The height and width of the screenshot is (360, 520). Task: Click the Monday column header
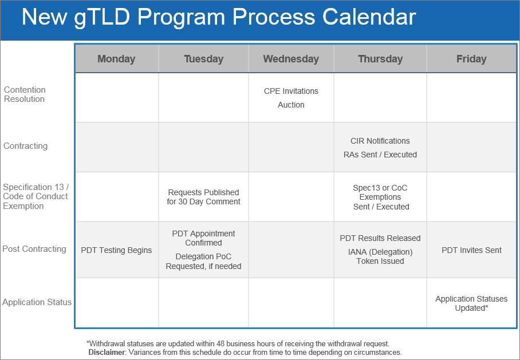[x=116, y=59]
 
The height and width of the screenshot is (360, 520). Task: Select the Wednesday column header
[x=291, y=59]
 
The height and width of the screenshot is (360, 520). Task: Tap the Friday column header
[x=471, y=59]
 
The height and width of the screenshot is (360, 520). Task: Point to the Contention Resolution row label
[x=25, y=94]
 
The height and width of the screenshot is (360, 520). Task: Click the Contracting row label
[x=26, y=146]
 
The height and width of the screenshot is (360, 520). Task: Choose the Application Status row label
[x=37, y=302]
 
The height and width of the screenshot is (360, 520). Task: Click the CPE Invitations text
[x=291, y=91]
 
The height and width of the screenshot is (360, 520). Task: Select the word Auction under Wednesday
[x=291, y=105]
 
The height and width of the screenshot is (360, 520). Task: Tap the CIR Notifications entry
[x=380, y=141]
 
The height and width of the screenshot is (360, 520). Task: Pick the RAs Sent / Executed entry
[x=380, y=155]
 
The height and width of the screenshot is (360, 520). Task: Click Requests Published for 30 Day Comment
[x=203, y=197]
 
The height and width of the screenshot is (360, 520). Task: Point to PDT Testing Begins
[x=116, y=250]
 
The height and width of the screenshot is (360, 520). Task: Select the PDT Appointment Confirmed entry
[x=203, y=238]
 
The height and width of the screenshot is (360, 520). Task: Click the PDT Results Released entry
[x=380, y=238]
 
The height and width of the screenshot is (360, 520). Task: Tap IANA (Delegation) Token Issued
[x=380, y=256]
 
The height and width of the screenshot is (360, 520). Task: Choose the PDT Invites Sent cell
[x=471, y=250]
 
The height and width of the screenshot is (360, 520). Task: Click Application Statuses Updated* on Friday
[x=471, y=303]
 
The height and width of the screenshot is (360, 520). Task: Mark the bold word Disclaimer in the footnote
[x=107, y=352]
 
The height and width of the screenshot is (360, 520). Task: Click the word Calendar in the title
[x=369, y=17]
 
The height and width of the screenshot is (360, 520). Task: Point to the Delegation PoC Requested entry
[x=203, y=261]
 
